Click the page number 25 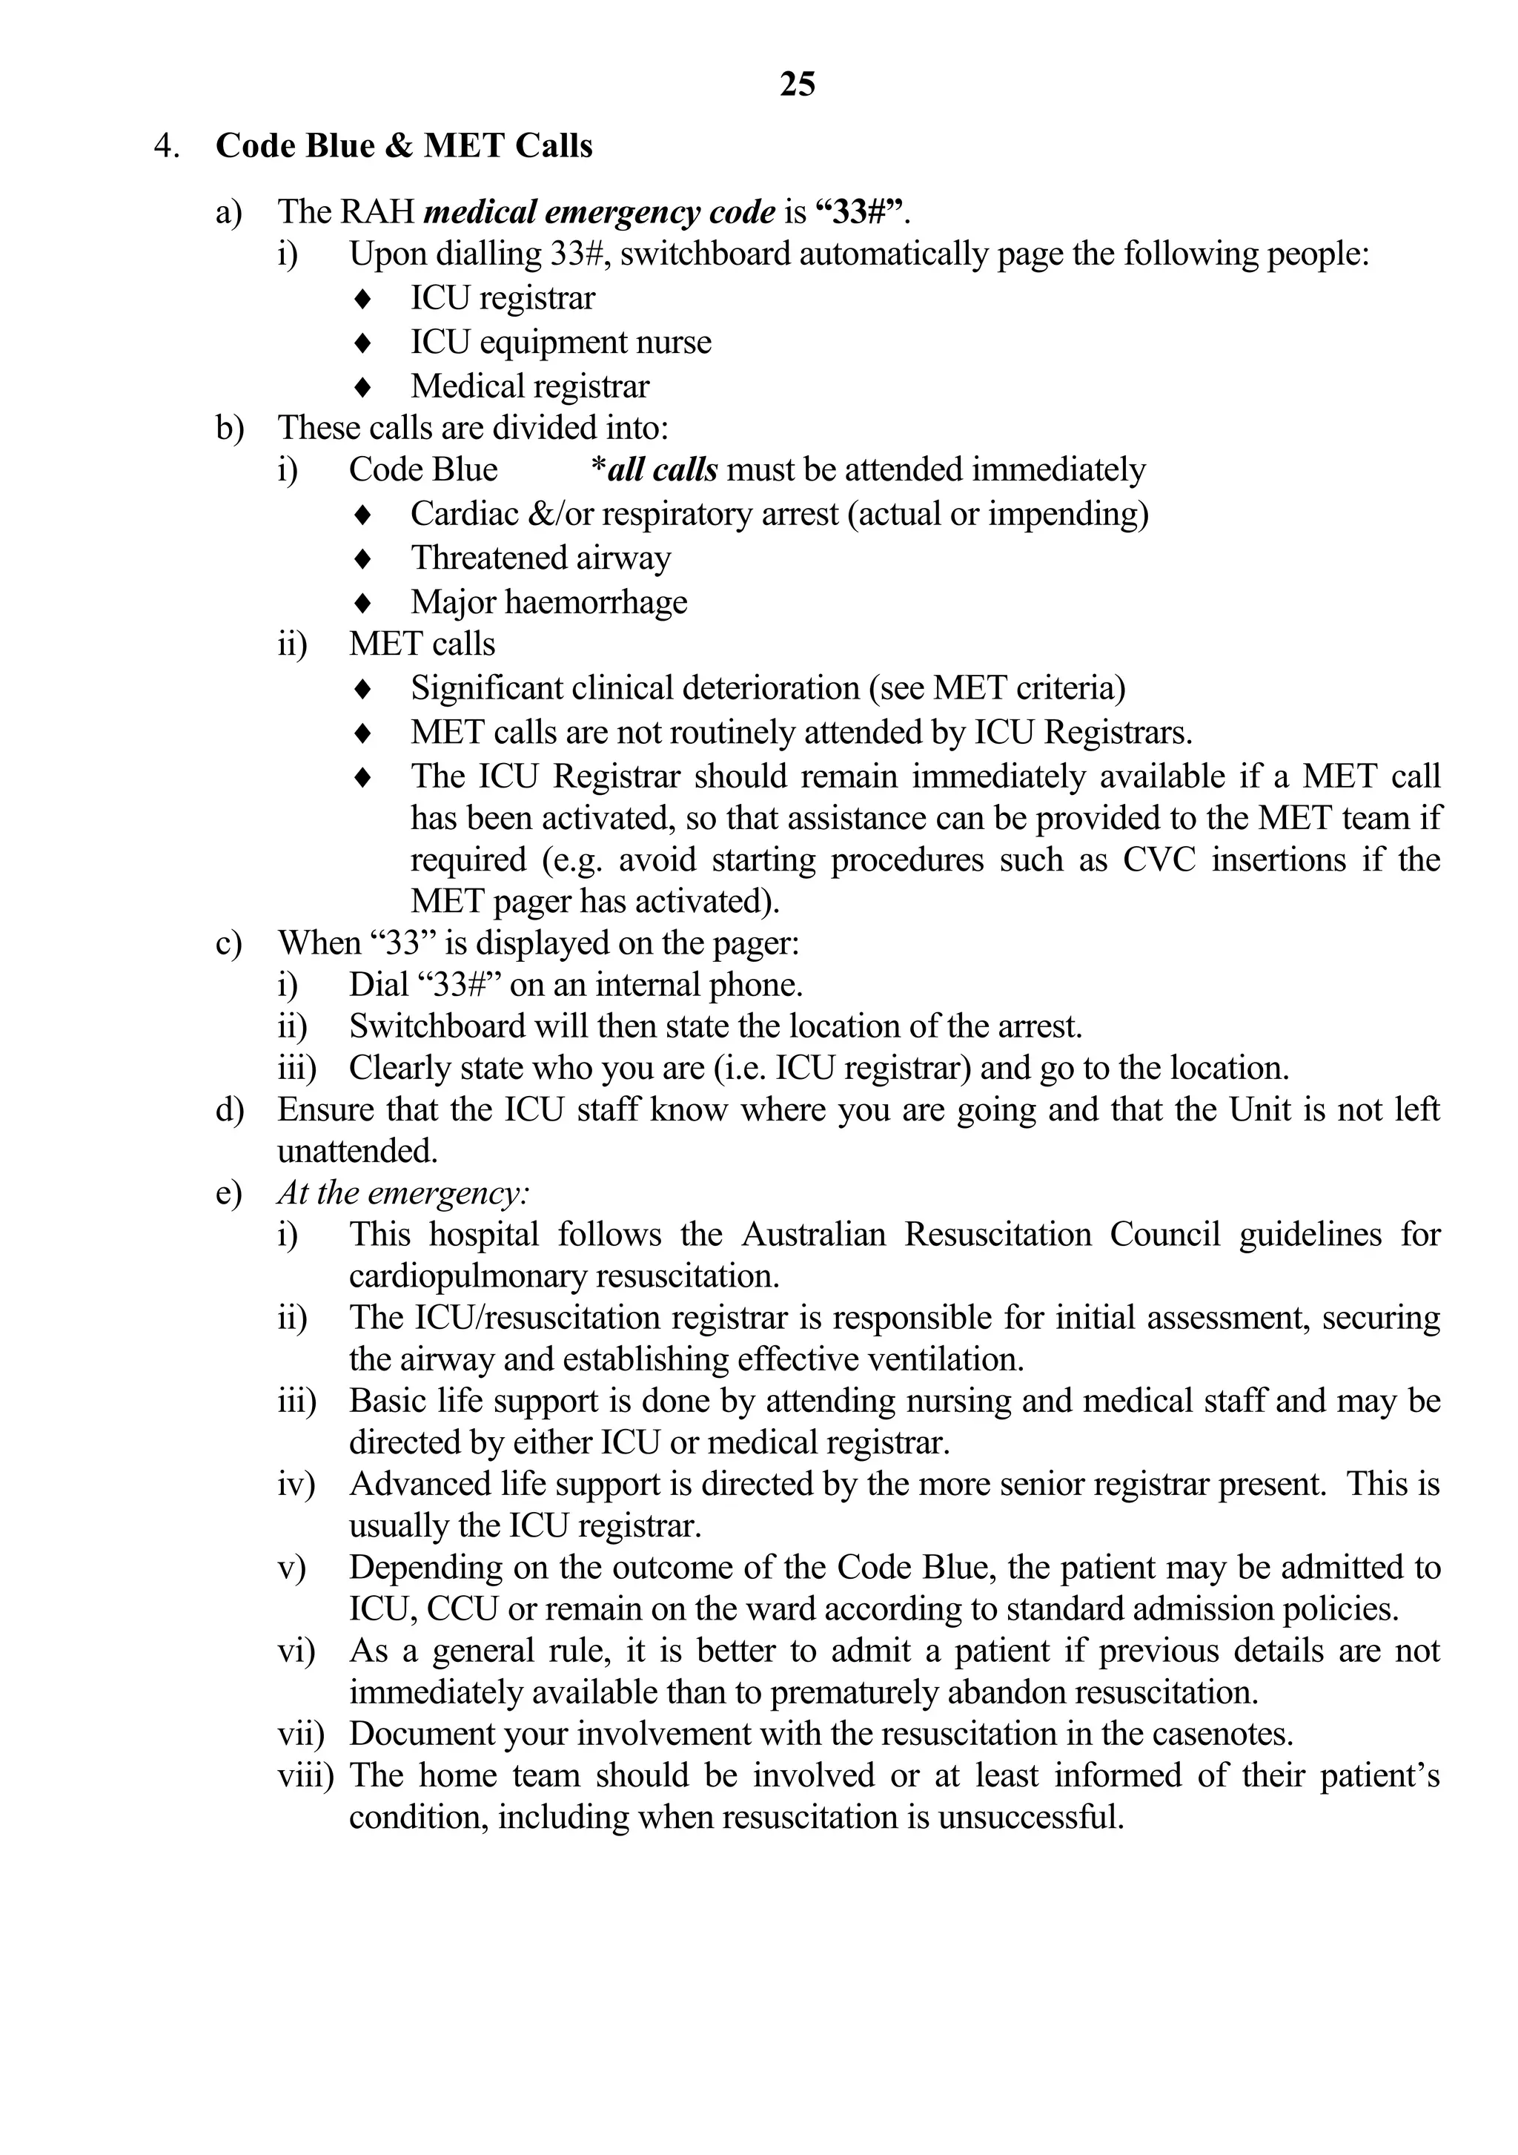798,85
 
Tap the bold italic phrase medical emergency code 600,212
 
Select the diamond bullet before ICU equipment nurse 363,343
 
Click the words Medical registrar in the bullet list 529,386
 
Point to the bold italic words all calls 663,469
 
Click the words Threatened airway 540,558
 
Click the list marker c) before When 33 228,943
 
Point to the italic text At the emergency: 403,1193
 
